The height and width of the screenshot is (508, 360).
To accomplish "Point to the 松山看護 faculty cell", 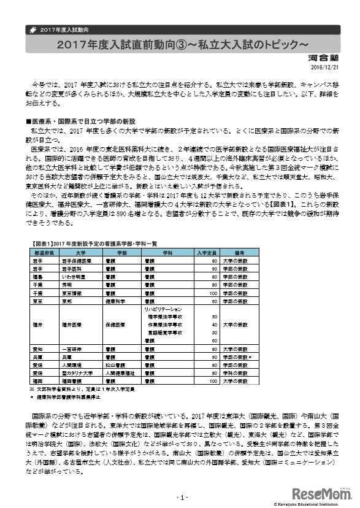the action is [121, 364].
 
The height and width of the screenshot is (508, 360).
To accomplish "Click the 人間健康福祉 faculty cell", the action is [124, 372].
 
